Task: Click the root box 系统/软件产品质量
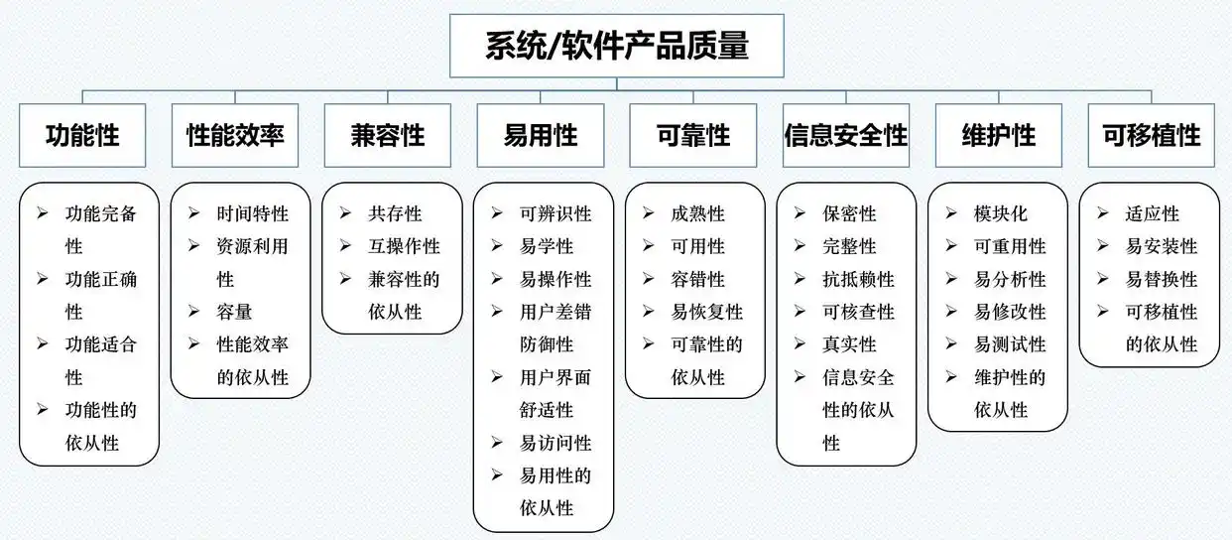pos(616,46)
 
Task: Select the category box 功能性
pos(82,135)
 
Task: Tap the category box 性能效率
pos(235,135)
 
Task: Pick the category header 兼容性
pos(388,135)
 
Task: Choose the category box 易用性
pos(541,135)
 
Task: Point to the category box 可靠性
pos(693,135)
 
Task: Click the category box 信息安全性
pos(846,135)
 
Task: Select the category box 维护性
pos(999,135)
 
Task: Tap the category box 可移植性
pos(1151,135)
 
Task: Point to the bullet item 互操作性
pos(404,246)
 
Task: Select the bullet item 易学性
pos(547,246)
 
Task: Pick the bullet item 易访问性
pos(555,443)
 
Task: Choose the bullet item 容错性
pos(697,279)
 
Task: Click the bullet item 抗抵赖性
pos(858,279)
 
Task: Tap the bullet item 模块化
pos(1001,213)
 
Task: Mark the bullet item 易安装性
pos(1162,246)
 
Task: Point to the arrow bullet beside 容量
pos(194,312)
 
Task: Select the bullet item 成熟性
pos(697,213)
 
